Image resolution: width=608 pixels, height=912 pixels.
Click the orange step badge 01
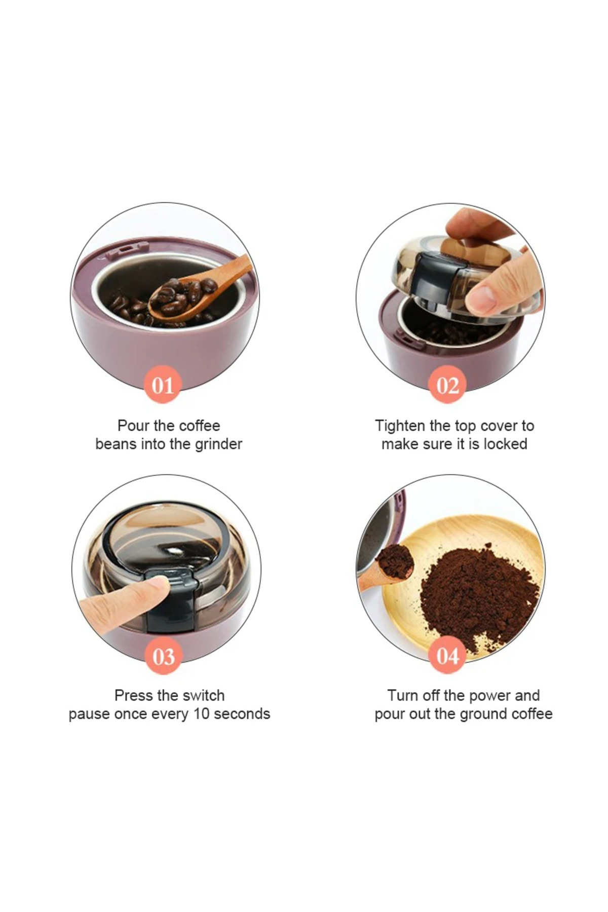pyautogui.click(x=163, y=385)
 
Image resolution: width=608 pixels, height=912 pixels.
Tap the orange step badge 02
pyautogui.click(x=448, y=385)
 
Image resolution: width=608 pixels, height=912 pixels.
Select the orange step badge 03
pyautogui.click(x=163, y=656)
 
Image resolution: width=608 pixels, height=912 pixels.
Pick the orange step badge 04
pyautogui.click(x=448, y=655)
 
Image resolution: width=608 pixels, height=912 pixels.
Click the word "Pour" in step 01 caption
pyautogui.click(x=134, y=426)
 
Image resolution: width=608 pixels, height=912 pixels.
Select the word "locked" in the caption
pyautogui.click(x=505, y=444)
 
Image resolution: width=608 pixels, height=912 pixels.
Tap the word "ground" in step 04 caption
pyautogui.click(x=484, y=714)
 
